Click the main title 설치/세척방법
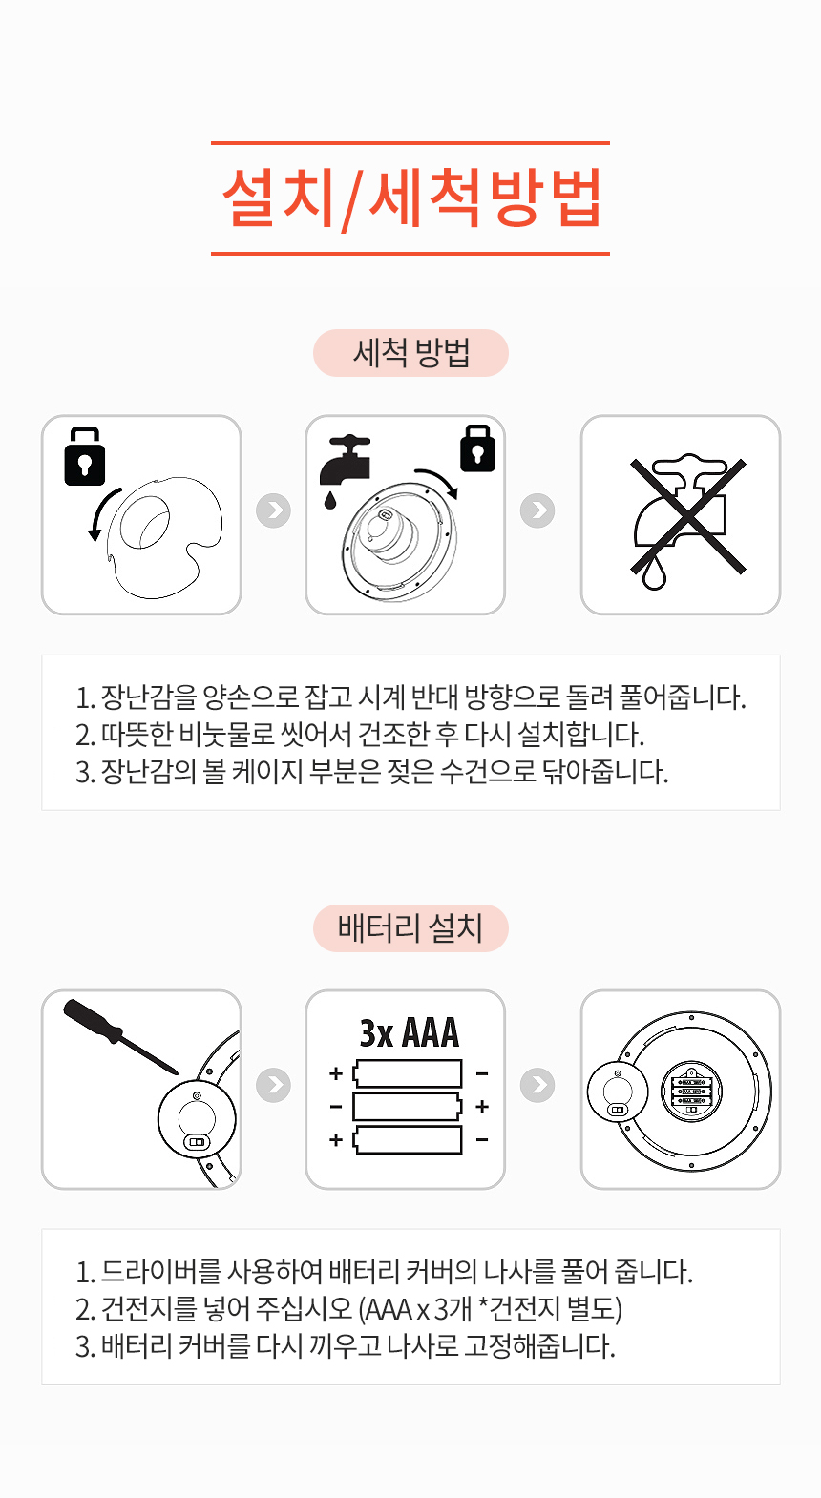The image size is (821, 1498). pyautogui.click(x=410, y=198)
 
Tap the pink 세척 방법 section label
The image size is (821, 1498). pyautogui.click(x=410, y=353)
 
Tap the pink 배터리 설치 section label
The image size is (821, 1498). pyautogui.click(x=410, y=927)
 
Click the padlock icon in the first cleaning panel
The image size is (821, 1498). pyautogui.click(x=84, y=457)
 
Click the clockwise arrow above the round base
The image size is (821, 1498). pyautogui.click(x=436, y=481)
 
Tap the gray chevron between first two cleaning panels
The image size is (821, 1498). pyautogui.click(x=273, y=510)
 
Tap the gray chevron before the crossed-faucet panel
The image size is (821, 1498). pyautogui.click(x=537, y=510)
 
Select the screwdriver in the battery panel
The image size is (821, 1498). pyautogui.click(x=120, y=1036)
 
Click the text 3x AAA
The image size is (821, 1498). pyautogui.click(x=409, y=1033)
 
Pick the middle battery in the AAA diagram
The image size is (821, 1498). pyautogui.click(x=408, y=1107)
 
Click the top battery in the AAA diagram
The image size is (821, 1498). pyautogui.click(x=408, y=1073)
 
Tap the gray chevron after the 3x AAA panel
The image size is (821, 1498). pyautogui.click(x=537, y=1085)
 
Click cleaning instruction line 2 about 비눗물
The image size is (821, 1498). pyautogui.click(x=361, y=734)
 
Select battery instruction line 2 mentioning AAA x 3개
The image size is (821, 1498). pyautogui.click(x=349, y=1308)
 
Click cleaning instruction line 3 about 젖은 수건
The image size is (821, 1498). pyautogui.click(x=372, y=771)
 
